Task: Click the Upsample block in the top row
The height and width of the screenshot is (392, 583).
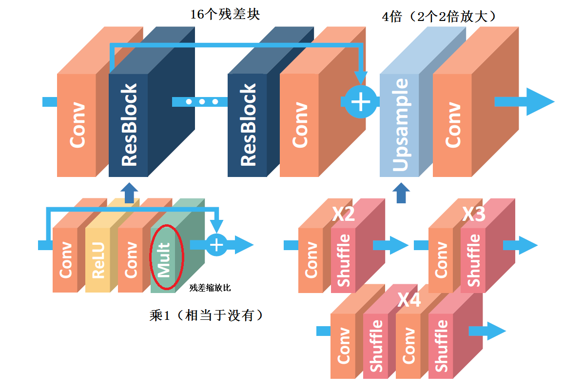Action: tap(399, 125)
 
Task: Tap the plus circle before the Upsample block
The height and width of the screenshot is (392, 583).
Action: tap(361, 101)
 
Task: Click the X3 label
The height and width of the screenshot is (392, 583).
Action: tap(474, 215)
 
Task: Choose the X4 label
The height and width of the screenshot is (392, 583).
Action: tap(409, 300)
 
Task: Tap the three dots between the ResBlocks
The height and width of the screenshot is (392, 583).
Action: tap(202, 101)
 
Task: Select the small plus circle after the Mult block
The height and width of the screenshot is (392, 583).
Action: tap(217, 244)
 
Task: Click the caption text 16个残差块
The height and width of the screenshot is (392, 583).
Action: tap(225, 15)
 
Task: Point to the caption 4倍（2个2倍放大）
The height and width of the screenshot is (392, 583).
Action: tap(438, 17)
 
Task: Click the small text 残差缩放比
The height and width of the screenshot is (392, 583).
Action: tap(210, 288)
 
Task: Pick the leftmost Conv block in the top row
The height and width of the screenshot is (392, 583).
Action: tap(77, 125)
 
